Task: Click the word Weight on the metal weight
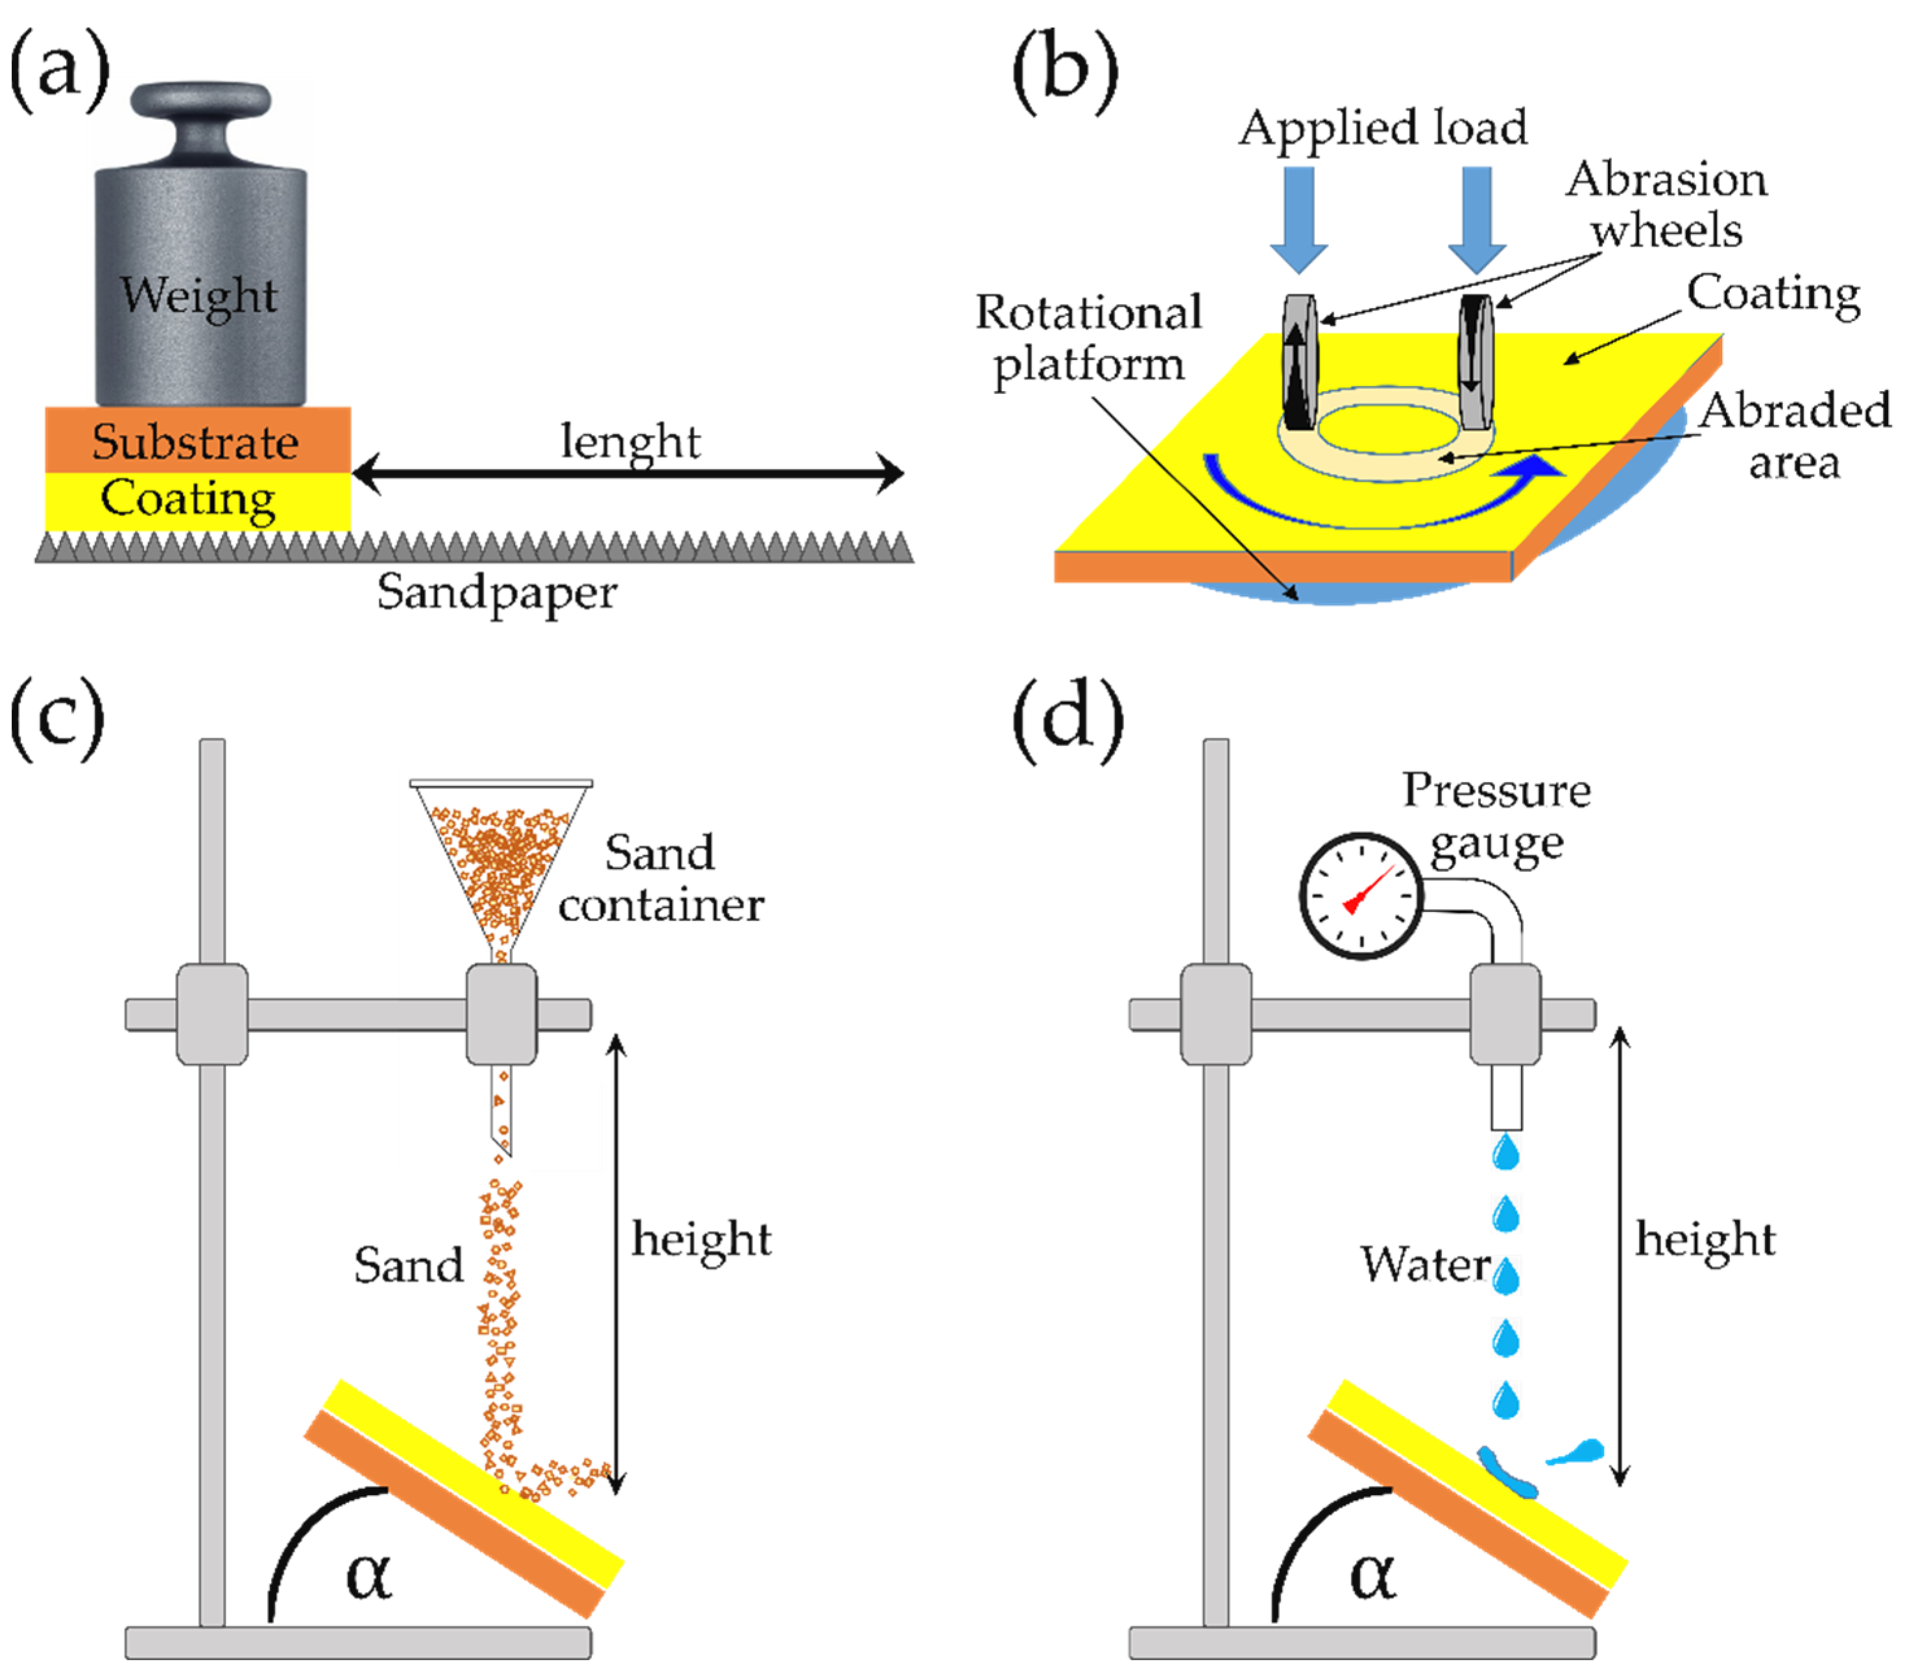[198, 295]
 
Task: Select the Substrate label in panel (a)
[196, 442]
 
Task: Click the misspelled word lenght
[630, 442]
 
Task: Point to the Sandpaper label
[497, 594]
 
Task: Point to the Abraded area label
[1794, 436]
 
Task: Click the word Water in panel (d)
[1426, 1264]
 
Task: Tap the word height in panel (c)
[702, 1240]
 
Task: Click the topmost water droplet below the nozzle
[1506, 1152]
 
